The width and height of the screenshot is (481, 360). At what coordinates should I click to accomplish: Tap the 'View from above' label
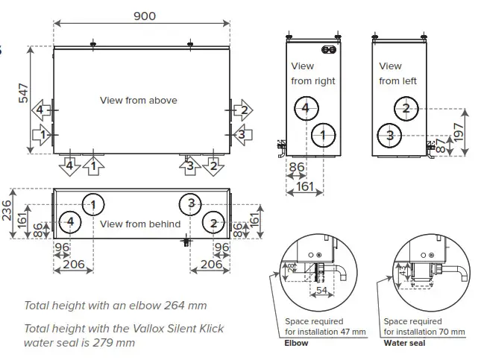139,100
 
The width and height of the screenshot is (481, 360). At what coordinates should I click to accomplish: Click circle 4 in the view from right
304,109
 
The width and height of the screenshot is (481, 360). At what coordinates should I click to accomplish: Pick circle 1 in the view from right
322,135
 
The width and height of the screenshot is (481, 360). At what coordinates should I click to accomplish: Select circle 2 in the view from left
406,109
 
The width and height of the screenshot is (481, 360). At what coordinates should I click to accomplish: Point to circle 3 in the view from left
389,135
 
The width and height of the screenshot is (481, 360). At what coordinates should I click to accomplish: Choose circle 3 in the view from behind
191,203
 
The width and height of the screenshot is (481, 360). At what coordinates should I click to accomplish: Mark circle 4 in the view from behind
70,222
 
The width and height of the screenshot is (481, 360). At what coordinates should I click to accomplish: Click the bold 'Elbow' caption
297,344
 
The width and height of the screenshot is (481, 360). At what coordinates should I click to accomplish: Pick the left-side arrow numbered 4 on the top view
42,110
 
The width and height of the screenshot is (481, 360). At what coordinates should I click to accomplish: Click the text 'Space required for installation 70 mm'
424,326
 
